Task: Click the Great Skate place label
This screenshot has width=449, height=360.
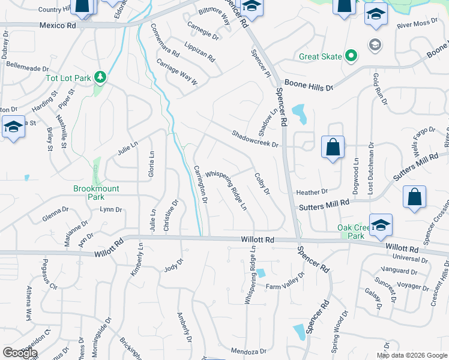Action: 321,58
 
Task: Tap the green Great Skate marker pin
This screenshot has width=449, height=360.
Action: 352,57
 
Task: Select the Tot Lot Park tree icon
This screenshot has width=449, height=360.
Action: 101,77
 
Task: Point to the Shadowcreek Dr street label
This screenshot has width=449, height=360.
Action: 256,140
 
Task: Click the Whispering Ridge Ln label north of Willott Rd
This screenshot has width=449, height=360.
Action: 226,188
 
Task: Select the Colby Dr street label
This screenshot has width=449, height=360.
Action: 262,184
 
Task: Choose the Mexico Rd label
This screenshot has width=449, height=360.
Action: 58,26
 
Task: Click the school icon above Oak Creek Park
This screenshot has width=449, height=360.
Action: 381,224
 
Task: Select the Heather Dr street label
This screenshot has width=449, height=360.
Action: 312,192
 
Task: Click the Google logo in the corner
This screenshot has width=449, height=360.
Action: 20,353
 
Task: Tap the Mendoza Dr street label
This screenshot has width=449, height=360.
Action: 248,350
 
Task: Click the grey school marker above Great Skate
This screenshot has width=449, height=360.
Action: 375,45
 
